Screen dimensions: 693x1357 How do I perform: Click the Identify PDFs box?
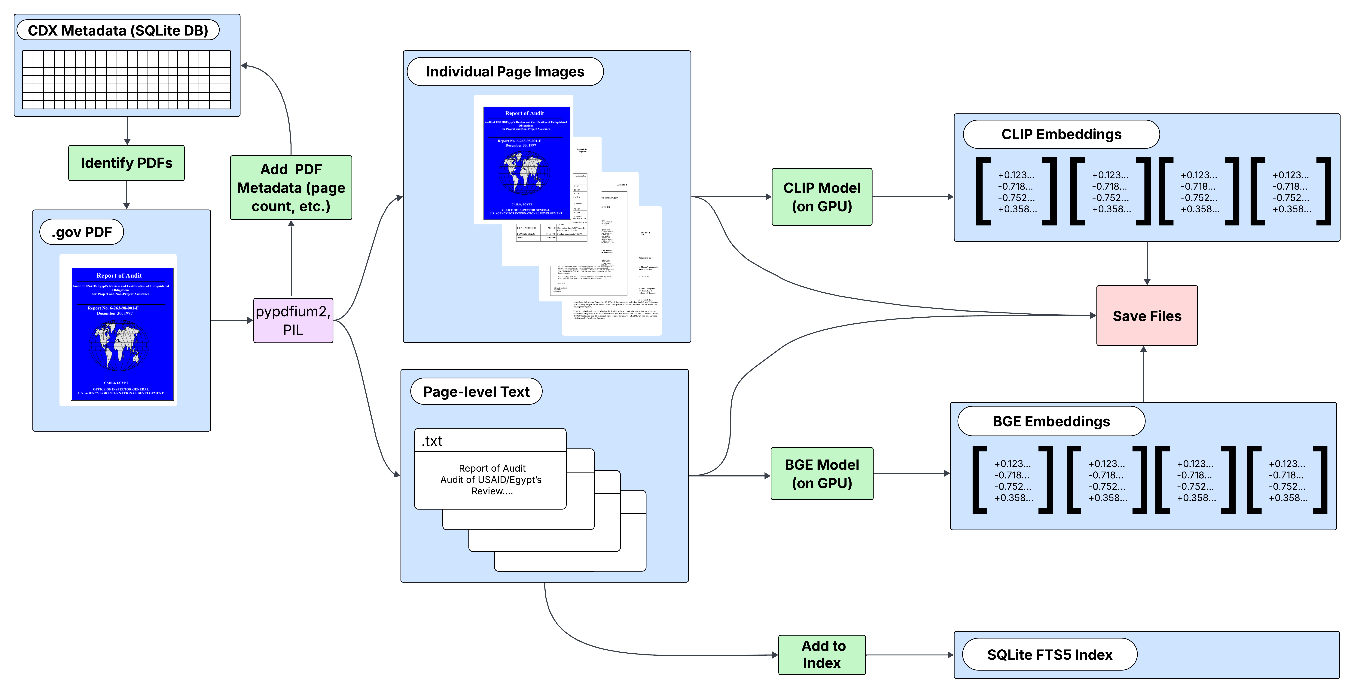pos(127,163)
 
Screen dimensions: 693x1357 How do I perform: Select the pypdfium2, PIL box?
pos(293,320)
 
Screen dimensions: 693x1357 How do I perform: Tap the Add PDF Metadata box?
pos(291,188)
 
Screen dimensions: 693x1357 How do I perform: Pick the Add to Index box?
pos(822,654)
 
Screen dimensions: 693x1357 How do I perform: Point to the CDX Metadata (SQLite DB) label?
pos(118,31)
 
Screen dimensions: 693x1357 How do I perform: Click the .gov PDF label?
pos(82,232)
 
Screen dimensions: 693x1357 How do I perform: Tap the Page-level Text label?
pos(476,392)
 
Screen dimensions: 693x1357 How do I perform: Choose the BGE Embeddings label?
pos(1051,422)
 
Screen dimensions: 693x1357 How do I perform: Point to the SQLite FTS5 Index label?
pos(1049,654)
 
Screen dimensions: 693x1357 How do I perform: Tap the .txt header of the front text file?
pos(490,441)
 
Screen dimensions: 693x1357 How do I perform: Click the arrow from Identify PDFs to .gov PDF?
pos(127,195)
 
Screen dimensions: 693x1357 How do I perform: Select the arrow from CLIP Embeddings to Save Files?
pos(1147,263)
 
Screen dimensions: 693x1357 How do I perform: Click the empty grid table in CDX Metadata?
pos(127,80)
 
